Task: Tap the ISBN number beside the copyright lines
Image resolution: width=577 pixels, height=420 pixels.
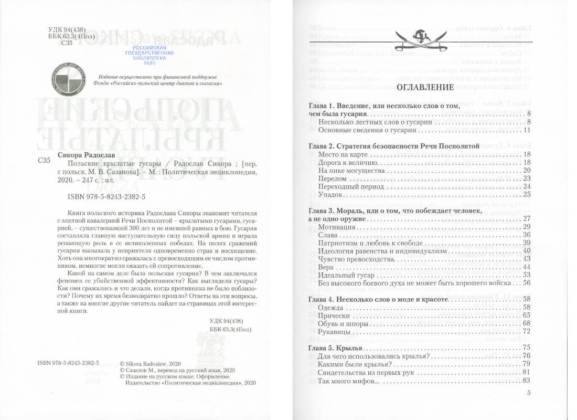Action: pos(69,362)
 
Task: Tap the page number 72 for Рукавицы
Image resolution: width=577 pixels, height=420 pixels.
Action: pos(527,331)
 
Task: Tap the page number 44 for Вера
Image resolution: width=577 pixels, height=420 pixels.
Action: pos(527,267)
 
